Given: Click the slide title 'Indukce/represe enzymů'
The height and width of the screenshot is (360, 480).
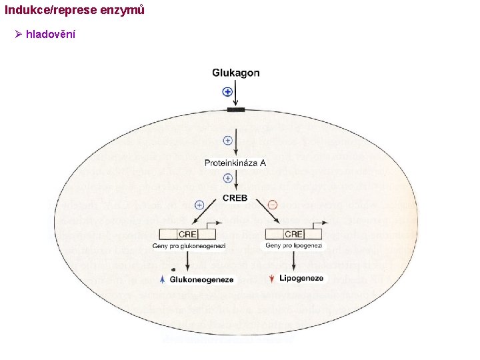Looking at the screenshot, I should coord(74,11).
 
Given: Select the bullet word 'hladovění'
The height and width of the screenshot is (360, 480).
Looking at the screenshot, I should coord(50,34).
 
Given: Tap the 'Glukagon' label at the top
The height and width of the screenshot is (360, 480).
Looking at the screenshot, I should coord(236,73).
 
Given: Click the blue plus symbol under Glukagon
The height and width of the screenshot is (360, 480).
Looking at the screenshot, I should coord(227,92).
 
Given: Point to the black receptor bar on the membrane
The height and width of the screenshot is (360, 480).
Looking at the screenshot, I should coord(236,109).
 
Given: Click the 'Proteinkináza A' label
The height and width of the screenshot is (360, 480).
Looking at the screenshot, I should coord(235,162).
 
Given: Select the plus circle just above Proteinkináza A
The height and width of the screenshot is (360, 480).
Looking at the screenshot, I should coord(227,141).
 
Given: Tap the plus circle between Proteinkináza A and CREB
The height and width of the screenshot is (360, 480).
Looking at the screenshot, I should coord(227,178).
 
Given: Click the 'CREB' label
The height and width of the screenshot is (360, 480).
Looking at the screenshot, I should coord(235,197).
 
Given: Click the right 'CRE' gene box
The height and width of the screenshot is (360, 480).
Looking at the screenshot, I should coord(293,234).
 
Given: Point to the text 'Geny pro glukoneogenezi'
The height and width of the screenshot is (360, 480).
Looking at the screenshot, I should coord(189,246).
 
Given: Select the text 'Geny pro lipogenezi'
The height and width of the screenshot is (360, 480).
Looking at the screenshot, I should coord(294,246).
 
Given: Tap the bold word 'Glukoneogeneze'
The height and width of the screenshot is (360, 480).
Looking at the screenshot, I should coord(202,279).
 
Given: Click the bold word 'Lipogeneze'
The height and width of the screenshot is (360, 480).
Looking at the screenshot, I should coord(301,278).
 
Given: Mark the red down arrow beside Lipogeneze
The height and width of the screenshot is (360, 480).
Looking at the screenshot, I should coord(271,279).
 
